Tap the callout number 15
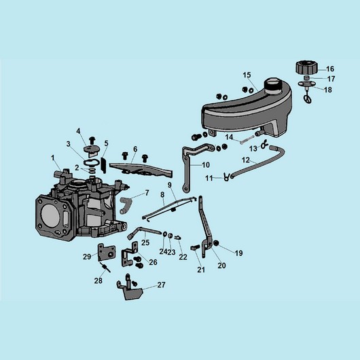247,75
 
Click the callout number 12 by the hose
245,160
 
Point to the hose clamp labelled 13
264,145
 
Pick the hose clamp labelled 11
227,177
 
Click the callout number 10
206,165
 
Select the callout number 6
135,149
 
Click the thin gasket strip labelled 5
103,165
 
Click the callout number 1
53,158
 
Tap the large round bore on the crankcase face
50,215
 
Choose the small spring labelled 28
105,267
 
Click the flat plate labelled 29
106,252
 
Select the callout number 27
161,285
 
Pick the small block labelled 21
195,248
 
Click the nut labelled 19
216,243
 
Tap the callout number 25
145,242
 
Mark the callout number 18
328,90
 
